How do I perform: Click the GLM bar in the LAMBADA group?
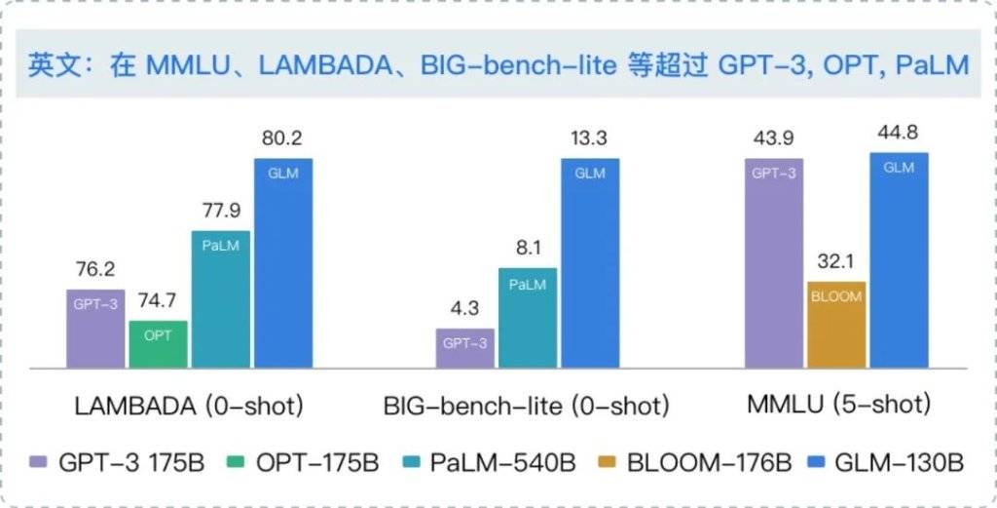[282, 262]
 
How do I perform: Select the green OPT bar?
[158, 343]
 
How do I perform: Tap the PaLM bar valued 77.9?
[220, 298]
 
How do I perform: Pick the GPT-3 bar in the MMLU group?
[774, 262]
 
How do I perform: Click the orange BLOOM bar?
[836, 325]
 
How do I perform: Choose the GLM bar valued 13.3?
[589, 262]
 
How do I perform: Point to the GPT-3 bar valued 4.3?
[464, 347]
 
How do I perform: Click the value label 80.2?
[282, 138]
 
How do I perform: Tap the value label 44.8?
[899, 134]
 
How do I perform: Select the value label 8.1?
[527, 249]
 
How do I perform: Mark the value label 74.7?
[158, 301]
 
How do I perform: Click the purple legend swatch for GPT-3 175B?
[39, 461]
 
